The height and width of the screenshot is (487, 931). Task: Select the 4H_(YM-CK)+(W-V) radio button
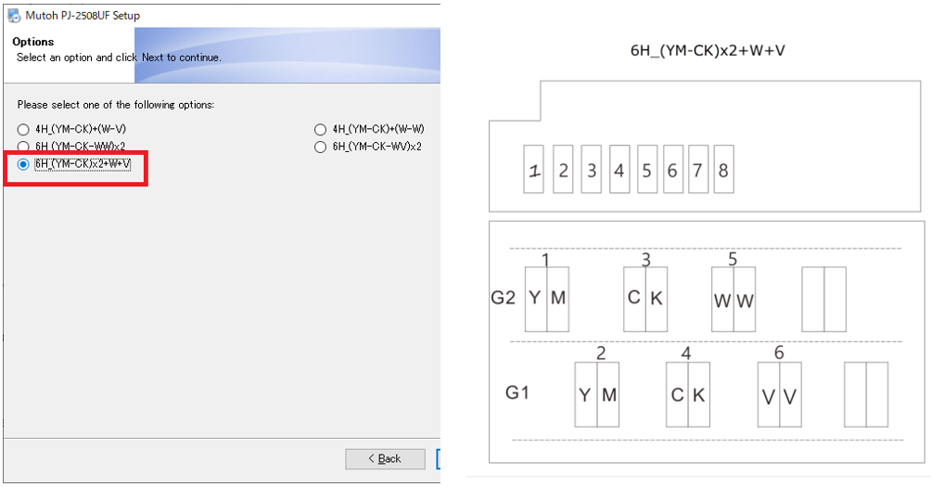point(23,129)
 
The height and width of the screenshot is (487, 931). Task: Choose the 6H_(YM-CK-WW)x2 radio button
point(23,147)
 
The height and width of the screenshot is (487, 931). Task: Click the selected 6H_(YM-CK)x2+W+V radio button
point(23,164)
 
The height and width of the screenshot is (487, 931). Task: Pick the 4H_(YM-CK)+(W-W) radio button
point(321,129)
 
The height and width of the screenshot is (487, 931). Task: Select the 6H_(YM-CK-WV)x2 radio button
point(321,147)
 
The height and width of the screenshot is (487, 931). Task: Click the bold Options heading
point(33,42)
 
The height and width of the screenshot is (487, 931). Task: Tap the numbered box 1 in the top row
point(534,170)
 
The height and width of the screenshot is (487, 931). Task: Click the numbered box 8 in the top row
point(723,170)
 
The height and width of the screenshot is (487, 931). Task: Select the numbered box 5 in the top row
point(646,170)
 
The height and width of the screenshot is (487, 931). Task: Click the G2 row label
point(503,298)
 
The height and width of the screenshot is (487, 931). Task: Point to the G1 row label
point(517,392)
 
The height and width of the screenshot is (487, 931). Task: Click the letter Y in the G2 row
point(535,298)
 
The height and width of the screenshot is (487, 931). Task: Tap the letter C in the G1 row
point(677,394)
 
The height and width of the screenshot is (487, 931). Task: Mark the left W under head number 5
point(722,300)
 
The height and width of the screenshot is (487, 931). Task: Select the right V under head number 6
point(789,396)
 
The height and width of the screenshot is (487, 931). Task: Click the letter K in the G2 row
point(657,298)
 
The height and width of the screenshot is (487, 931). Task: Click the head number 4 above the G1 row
point(686,352)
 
